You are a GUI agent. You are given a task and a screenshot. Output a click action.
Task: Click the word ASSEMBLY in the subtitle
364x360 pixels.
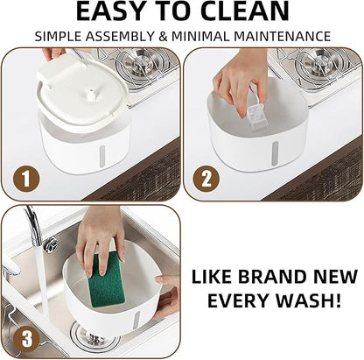point(120,37)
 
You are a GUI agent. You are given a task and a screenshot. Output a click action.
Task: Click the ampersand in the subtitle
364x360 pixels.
point(163,37)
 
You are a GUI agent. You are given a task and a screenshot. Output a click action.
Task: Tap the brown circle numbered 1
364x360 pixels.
point(26,179)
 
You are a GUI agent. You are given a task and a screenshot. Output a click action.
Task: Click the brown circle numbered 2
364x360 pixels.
point(206,179)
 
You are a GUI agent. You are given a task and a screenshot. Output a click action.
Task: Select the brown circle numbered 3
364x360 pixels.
point(26,339)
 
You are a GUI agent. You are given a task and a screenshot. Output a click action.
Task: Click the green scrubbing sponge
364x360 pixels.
point(107,279)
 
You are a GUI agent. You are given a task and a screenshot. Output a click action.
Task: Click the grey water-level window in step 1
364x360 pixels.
point(101,157)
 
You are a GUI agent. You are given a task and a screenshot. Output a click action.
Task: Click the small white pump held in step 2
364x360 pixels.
point(257,116)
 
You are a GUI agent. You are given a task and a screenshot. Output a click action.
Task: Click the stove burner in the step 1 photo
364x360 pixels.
point(137,64)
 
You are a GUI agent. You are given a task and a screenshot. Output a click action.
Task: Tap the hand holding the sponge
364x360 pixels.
point(101,236)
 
